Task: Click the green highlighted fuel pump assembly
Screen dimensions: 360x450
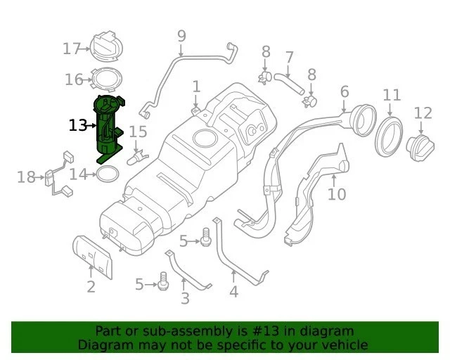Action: click(x=107, y=127)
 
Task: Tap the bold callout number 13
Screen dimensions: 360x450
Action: click(x=78, y=126)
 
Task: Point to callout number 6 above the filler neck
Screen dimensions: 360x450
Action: click(x=345, y=92)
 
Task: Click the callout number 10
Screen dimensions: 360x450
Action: click(x=337, y=193)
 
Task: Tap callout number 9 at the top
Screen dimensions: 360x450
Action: click(x=181, y=35)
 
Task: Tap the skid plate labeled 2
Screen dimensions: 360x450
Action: click(x=93, y=256)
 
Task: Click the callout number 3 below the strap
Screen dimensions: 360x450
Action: click(x=185, y=299)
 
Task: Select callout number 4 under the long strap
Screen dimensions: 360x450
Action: click(x=233, y=290)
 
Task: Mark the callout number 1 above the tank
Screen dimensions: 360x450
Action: click(x=196, y=86)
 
